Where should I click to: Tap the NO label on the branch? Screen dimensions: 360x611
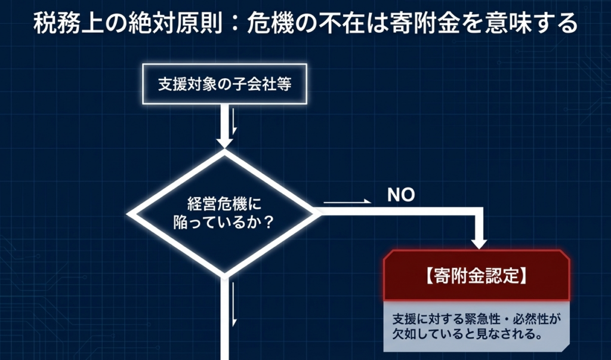pos(401,195)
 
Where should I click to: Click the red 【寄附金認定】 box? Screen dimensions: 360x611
pos(476,276)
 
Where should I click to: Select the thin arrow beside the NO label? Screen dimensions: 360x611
pos(347,202)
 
